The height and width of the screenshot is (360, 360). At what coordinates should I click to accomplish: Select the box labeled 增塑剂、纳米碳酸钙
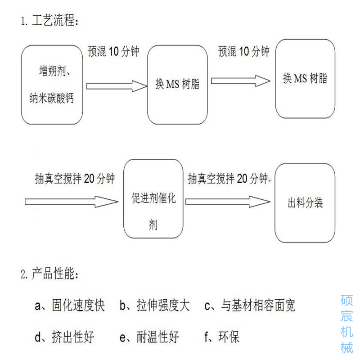pos(53,85)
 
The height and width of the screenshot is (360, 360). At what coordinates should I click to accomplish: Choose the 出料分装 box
pos(305,203)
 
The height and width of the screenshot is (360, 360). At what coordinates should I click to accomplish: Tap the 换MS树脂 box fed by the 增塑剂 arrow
pos(177,85)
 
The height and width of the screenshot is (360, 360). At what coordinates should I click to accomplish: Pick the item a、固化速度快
pos(70,306)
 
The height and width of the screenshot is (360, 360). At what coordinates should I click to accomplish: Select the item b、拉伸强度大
pos(154,306)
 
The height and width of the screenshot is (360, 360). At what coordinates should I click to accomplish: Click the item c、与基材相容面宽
pos(250,306)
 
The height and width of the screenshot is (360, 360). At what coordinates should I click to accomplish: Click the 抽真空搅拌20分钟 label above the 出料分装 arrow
pos(228,179)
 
